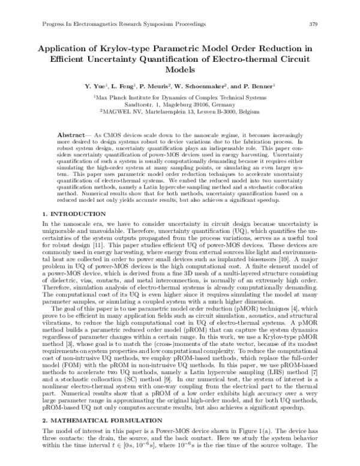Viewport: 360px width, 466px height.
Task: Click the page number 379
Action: (313, 24)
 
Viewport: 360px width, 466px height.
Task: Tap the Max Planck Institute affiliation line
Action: (180, 96)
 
